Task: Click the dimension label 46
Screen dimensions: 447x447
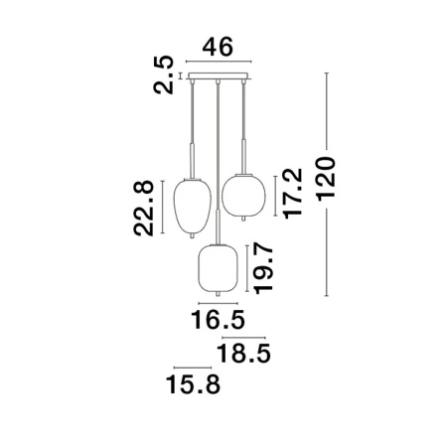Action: pos(218,47)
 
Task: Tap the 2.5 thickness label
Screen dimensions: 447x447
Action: pos(164,74)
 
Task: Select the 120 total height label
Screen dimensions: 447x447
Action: pos(326,179)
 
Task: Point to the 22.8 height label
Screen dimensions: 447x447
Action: pos(144,208)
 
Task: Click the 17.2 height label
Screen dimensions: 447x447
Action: pos(293,194)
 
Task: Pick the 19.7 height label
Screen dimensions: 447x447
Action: pos(263,268)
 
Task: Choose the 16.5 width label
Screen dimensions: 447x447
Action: pos(218,320)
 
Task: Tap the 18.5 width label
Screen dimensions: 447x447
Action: pos(243,354)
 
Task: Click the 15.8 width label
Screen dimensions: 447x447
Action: pos(193,384)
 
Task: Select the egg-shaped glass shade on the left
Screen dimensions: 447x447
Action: pos(193,207)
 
